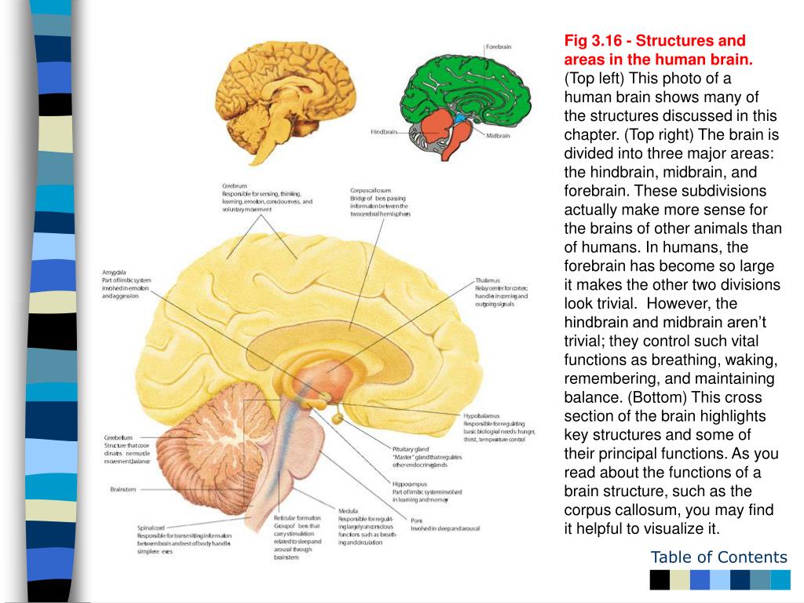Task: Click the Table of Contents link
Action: point(718,557)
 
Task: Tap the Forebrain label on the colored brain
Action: point(499,47)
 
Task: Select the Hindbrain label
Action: point(383,132)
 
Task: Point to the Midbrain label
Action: point(498,136)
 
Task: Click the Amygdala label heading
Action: point(115,272)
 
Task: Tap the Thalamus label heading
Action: point(488,280)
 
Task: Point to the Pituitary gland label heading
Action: point(411,449)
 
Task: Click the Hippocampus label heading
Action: point(410,484)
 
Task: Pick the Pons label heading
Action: point(416,520)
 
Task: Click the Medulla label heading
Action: point(348,511)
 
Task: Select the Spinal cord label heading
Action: point(151,528)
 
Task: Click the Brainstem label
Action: point(123,489)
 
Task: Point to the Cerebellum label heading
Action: point(119,437)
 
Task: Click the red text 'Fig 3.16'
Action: point(591,40)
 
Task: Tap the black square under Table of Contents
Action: point(660,579)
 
